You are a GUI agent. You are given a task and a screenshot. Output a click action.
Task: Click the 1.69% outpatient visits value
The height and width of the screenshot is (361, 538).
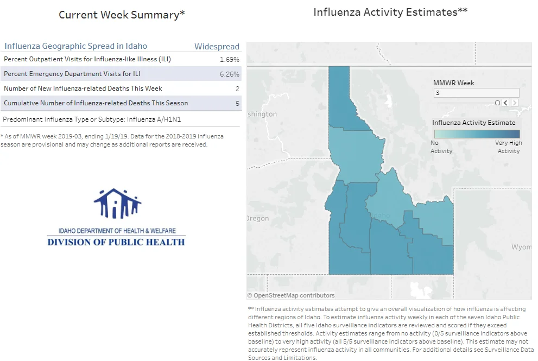click(229, 59)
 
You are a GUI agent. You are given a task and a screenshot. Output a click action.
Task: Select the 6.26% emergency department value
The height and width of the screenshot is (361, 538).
click(229, 74)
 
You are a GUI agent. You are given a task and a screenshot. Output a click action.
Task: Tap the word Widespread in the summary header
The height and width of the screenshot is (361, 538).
click(217, 46)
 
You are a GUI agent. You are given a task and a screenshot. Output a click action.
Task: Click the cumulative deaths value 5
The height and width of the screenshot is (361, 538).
click(237, 103)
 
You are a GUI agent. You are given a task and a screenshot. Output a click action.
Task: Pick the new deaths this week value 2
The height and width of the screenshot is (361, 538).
click(237, 89)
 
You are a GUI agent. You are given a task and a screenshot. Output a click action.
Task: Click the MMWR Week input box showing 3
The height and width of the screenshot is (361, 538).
click(476, 93)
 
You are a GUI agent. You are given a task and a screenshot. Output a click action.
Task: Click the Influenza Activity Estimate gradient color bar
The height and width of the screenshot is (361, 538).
click(477, 134)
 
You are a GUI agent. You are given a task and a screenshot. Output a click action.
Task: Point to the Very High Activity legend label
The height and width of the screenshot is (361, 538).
click(509, 147)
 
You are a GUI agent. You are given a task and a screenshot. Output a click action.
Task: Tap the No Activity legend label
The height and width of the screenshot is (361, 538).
click(441, 147)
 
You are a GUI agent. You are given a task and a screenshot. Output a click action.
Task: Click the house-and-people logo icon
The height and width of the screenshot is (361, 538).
click(117, 204)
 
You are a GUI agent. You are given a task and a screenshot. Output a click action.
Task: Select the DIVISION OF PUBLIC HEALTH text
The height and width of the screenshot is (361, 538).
click(116, 242)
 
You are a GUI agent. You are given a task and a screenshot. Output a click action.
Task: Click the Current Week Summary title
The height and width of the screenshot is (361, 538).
click(122, 15)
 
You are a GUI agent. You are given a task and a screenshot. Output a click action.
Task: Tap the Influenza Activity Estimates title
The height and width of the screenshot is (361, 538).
click(390, 12)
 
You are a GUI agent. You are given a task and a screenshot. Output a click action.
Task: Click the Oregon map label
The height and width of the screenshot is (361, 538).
click(258, 218)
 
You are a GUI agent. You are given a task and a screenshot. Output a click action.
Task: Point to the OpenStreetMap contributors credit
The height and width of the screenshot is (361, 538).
click(290, 295)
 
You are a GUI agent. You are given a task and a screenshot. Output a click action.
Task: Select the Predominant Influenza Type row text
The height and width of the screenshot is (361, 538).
click(92, 119)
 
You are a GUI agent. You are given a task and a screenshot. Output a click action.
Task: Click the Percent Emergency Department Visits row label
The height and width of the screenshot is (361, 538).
click(72, 74)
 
